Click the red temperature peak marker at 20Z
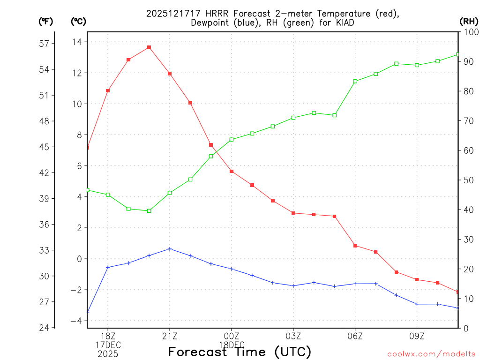point(149,47)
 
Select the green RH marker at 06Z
point(355,81)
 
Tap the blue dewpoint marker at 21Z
point(170,249)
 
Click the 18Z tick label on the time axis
point(108,336)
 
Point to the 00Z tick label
point(232,336)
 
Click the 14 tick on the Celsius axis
point(77,42)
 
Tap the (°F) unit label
point(46,21)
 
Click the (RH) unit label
point(469,21)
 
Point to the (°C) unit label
point(78,21)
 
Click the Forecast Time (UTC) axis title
point(240,352)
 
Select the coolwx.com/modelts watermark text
point(431,354)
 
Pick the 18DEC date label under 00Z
point(232,345)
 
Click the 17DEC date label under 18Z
point(108,345)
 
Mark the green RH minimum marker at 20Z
point(149,211)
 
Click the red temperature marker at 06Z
point(355,246)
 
